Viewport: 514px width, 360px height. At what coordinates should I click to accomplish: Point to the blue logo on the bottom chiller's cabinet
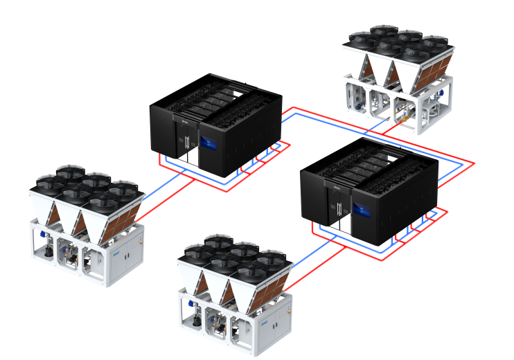click(x=264, y=322)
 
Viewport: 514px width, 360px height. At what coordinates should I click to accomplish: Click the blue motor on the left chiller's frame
click(x=41, y=236)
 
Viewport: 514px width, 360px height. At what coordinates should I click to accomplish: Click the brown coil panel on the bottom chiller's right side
click(x=272, y=288)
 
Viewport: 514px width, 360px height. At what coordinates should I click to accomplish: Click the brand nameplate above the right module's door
click(x=335, y=186)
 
